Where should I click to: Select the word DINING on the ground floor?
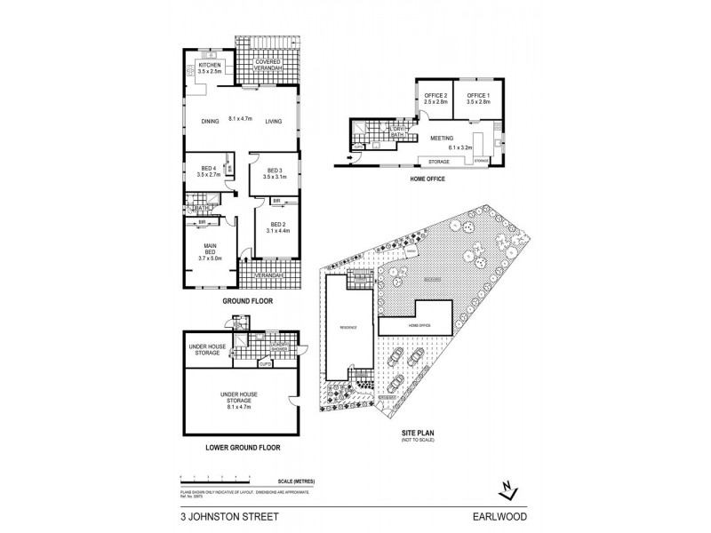[209, 121]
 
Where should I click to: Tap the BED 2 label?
[277, 225]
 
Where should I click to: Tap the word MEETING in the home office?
[442, 139]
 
